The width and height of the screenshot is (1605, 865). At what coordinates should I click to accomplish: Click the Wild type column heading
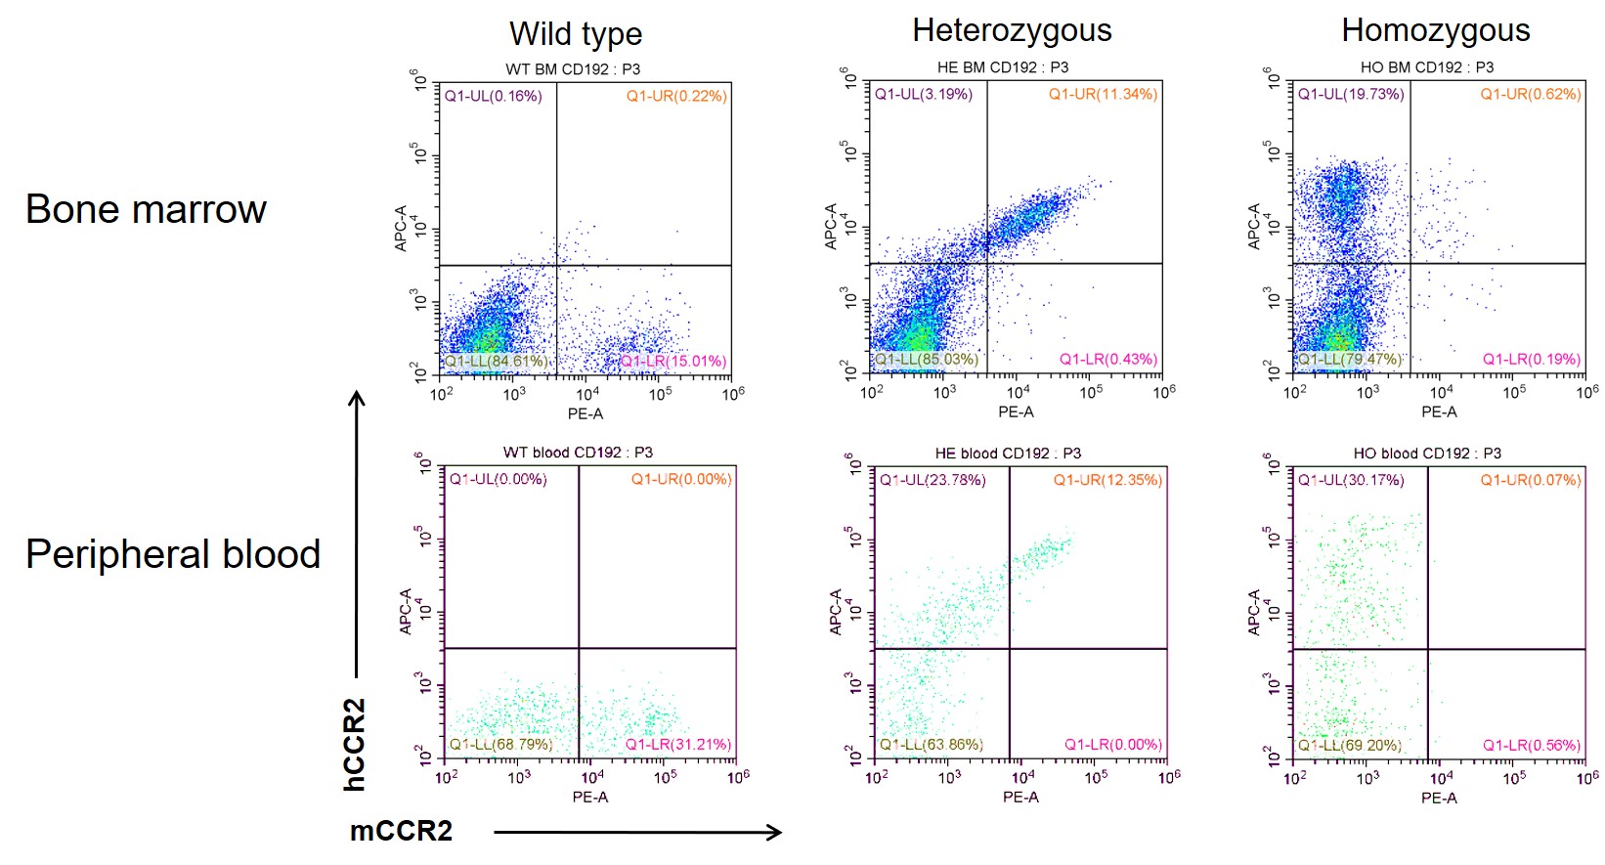coord(576,34)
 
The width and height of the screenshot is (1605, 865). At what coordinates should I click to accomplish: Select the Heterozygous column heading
coord(1012,30)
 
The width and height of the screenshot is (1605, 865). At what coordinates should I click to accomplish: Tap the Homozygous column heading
coord(1435,30)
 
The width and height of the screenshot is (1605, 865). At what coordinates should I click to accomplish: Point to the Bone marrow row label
coord(146,209)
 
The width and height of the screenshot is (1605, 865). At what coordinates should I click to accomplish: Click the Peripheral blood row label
coord(173,554)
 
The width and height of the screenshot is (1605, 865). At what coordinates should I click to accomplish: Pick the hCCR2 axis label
coord(354,744)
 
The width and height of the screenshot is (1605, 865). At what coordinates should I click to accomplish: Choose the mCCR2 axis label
coord(401,831)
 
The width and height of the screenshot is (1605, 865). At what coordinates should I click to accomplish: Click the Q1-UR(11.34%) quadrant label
coord(1103,94)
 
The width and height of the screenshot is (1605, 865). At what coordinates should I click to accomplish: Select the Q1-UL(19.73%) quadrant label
coord(1351,94)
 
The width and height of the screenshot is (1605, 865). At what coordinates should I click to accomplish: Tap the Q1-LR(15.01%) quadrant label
coord(673,361)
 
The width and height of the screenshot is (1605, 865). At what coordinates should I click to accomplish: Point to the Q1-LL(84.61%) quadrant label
coord(497,361)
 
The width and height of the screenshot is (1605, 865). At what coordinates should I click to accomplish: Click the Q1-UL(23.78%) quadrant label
coord(933,480)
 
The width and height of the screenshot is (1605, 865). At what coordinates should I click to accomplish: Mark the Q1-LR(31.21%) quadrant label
coord(678,744)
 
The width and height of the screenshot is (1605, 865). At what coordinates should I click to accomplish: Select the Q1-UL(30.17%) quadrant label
coord(1351,480)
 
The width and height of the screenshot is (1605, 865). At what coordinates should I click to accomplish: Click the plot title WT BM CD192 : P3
coord(573,68)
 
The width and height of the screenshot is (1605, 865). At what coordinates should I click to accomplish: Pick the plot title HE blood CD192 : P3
coord(1008,454)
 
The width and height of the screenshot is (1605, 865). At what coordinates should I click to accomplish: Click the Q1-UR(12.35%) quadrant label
coord(1107,480)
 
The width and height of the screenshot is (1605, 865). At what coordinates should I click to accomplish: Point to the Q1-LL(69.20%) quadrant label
coord(1350,745)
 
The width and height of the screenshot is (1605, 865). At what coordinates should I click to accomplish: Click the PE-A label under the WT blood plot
coord(590,797)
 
